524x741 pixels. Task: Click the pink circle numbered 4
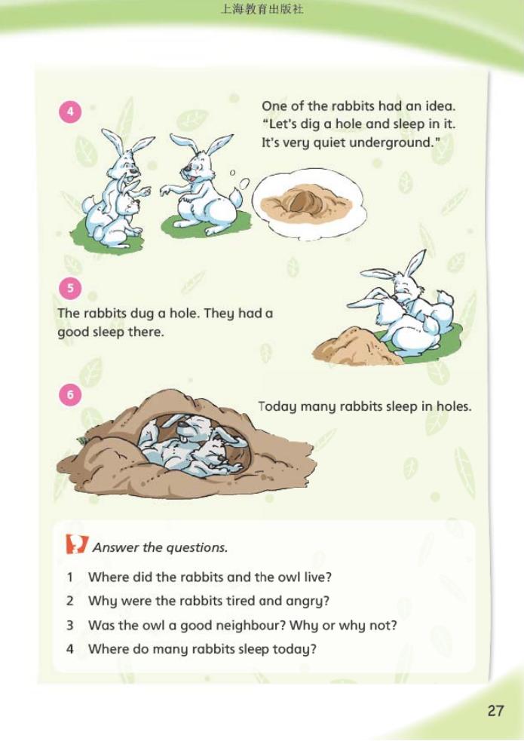70,112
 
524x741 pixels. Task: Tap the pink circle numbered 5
70,288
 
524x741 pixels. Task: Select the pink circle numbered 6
70,394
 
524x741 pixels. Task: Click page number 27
495,711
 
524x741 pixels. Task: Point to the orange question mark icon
77,544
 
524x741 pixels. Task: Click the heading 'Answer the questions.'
160,547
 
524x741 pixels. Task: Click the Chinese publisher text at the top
262,9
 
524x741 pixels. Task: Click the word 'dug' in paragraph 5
142,314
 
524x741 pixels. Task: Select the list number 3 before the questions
70,625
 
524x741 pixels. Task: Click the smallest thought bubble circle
232,173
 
